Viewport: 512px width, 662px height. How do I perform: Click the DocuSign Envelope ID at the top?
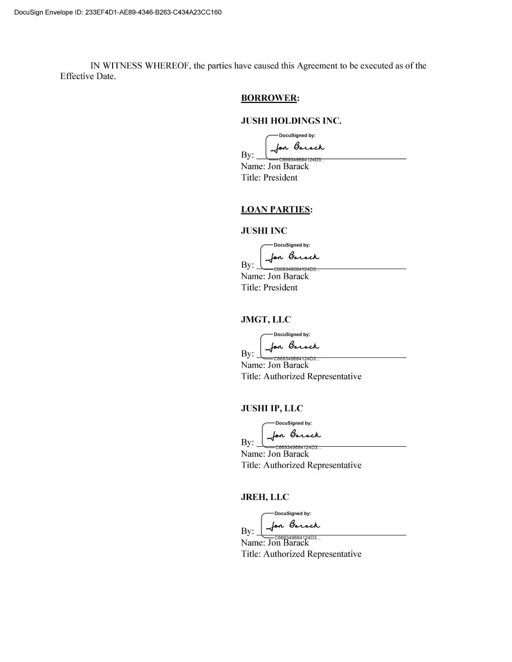118,12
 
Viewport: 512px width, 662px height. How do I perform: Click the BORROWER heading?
269,98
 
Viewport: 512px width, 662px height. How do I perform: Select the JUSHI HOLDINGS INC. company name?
291,121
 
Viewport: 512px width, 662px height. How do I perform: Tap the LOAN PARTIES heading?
276,210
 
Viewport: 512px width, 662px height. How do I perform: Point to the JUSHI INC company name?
264,231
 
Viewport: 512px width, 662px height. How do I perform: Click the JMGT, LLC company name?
266,320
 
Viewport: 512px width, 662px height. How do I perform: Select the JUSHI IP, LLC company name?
272,408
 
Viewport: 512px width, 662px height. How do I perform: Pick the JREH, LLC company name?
265,497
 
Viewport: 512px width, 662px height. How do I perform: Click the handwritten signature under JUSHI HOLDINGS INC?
297,147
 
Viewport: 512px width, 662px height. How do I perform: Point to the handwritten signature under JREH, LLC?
293,525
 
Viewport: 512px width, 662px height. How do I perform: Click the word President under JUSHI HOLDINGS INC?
281,178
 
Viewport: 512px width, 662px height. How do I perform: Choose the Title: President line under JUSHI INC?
269,288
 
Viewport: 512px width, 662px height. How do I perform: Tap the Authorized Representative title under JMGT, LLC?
312,376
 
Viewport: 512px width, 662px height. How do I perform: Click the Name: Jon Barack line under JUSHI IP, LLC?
275,454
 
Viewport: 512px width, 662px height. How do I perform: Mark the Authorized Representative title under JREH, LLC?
312,554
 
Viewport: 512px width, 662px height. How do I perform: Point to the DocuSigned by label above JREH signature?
293,514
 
